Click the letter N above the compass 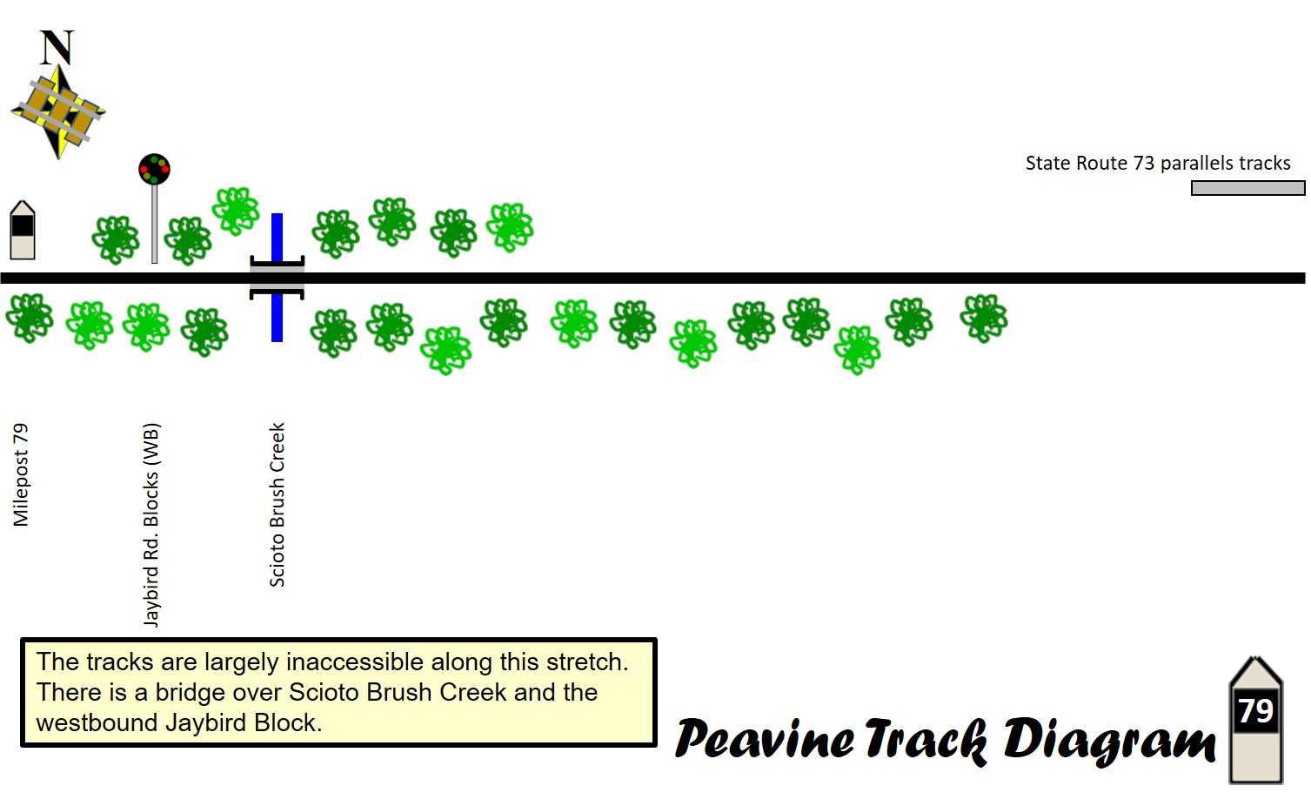coord(57,48)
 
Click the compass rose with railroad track coord(58,111)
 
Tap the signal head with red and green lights coord(155,170)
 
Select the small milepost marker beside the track coord(23,230)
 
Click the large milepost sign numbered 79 coord(1256,720)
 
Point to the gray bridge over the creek coord(277,278)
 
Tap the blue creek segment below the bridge coord(277,318)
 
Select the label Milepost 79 coord(21,475)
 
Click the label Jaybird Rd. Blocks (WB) coord(151,525)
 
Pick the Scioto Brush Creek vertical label coord(277,505)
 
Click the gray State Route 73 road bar coord(1247,188)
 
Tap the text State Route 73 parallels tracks coord(1158,163)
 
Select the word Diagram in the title coord(1109,741)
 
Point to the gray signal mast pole coord(155,224)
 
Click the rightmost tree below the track coord(984,318)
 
